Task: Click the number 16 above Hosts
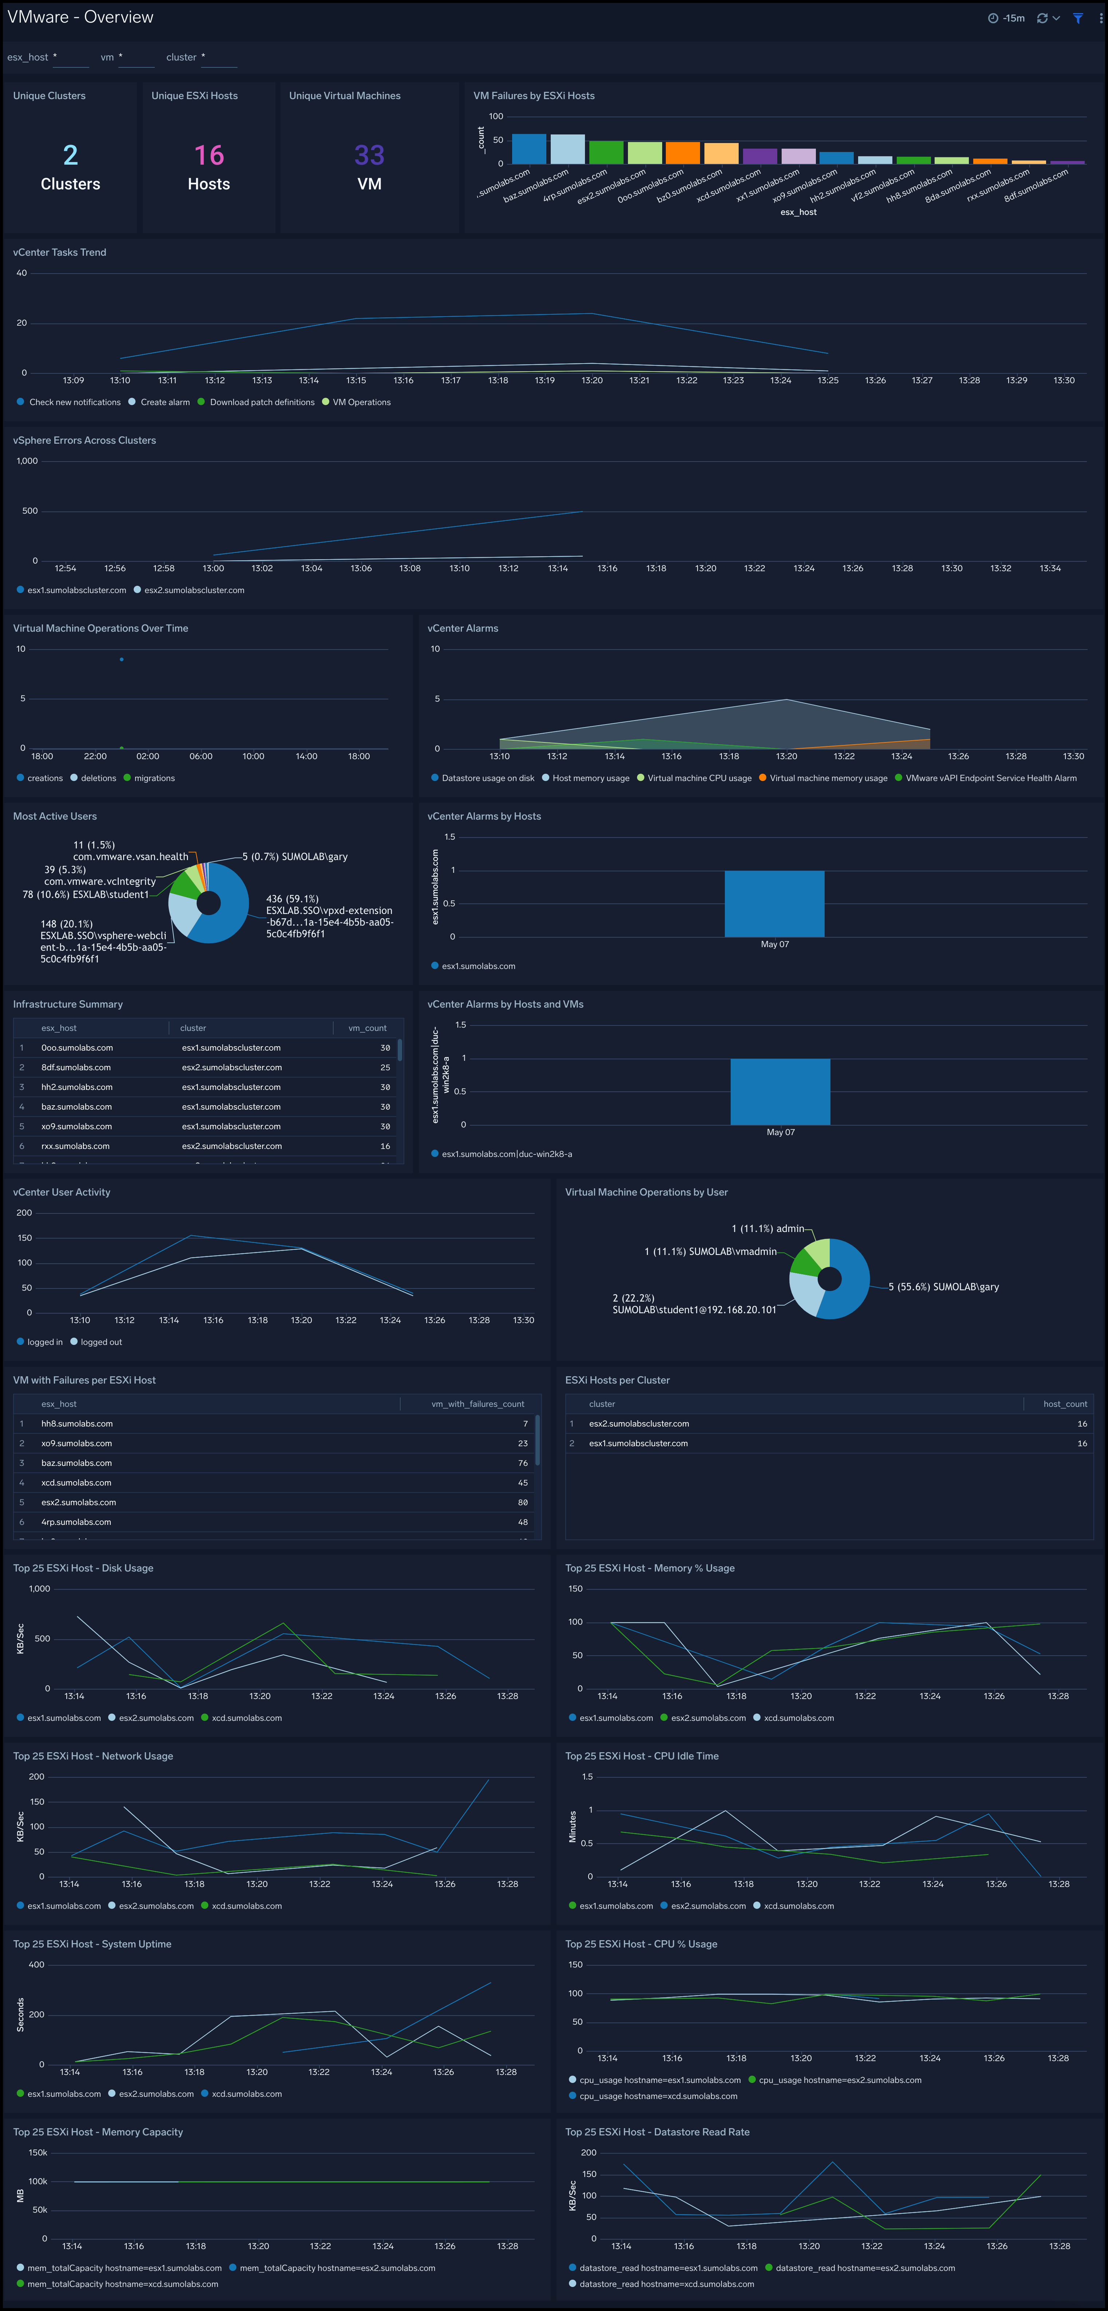point(209,155)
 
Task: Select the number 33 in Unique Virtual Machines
point(369,155)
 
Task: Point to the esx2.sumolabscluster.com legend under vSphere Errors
point(194,590)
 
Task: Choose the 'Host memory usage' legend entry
point(590,778)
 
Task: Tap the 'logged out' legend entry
point(101,1342)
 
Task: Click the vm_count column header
point(367,1028)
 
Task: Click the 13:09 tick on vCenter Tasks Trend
point(74,380)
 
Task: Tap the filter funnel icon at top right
point(1077,18)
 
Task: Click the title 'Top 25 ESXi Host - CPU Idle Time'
point(641,1756)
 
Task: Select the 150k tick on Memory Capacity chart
point(38,2152)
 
